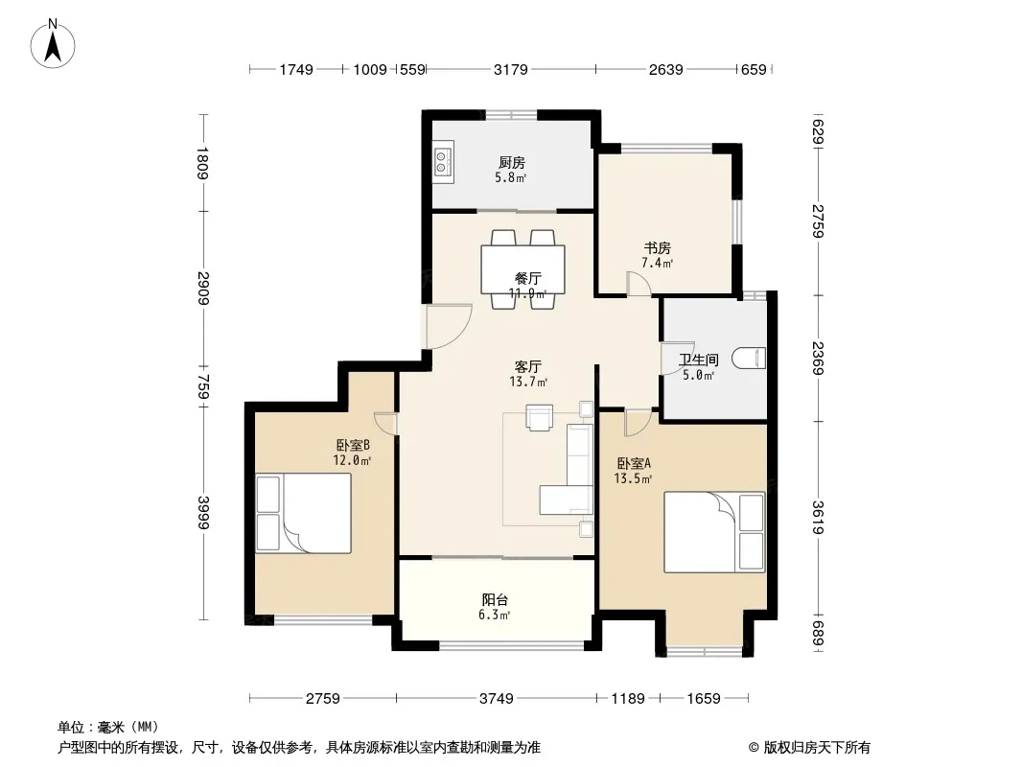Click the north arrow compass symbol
tap(53, 44)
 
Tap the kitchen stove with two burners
tap(443, 162)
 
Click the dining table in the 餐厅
tap(523, 269)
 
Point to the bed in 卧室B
tap(303, 513)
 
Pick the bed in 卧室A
tap(713, 532)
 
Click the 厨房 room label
tap(512, 162)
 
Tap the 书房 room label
tap(657, 247)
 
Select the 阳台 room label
tap(495, 599)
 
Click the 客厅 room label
tap(527, 367)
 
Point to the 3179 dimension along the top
tap(510, 69)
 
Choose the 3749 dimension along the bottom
tap(496, 699)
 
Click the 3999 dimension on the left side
tap(203, 514)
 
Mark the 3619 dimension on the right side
tap(819, 518)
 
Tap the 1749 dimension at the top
tap(296, 69)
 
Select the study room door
tap(639, 285)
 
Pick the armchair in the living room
tap(540, 418)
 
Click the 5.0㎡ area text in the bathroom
tap(698, 376)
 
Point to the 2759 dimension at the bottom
tap(323, 699)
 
